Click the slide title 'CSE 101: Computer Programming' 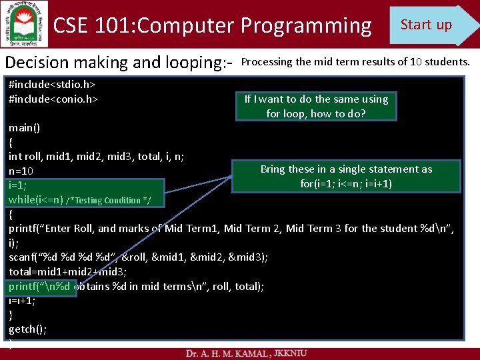click(x=212, y=26)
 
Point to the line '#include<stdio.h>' click(x=52, y=85)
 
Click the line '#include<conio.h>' click(x=53, y=99)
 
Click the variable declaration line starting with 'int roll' click(x=97, y=156)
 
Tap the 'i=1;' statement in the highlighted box click(x=18, y=185)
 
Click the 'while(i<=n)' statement click(x=36, y=199)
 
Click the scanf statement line click(x=138, y=257)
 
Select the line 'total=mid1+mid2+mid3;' click(x=67, y=271)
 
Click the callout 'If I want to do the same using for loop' click(x=315, y=106)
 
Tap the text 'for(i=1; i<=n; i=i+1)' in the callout click(x=346, y=183)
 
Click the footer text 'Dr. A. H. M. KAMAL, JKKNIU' click(x=247, y=352)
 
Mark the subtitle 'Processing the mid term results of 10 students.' click(x=355, y=62)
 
